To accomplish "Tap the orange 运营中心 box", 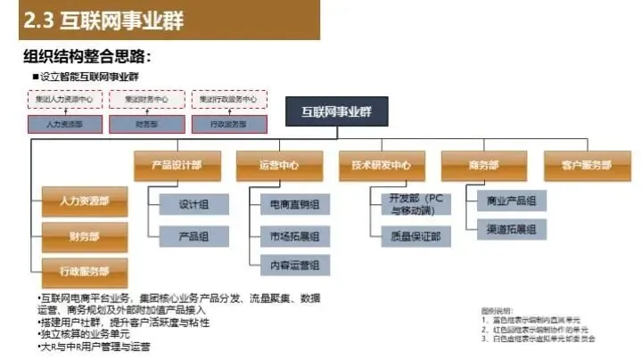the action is [278, 165].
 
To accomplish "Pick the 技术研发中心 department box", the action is [381, 165].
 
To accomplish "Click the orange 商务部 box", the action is [482, 165].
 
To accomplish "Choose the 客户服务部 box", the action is [586, 165].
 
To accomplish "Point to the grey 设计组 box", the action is [193, 204].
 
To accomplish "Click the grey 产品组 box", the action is [193, 235].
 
